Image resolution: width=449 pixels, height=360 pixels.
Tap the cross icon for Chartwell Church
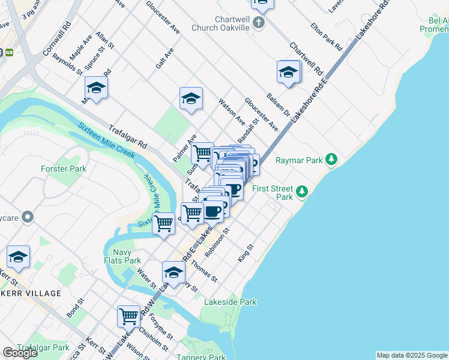point(259,23)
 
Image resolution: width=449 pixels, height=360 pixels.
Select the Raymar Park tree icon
point(331,160)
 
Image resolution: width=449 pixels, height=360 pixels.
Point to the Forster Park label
point(64,169)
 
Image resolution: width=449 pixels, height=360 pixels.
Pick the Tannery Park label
point(202,357)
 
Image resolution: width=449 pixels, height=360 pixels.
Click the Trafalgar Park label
point(43,347)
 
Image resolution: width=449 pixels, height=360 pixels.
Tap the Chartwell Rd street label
point(306,58)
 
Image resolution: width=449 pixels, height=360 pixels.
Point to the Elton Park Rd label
point(326,37)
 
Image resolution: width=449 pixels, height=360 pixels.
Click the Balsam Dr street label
point(279,104)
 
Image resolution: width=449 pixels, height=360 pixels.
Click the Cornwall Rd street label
point(58,39)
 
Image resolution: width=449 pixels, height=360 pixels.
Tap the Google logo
point(20,353)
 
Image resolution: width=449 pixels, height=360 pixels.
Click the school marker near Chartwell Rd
point(289,73)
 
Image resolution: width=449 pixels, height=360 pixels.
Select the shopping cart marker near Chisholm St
point(128,315)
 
